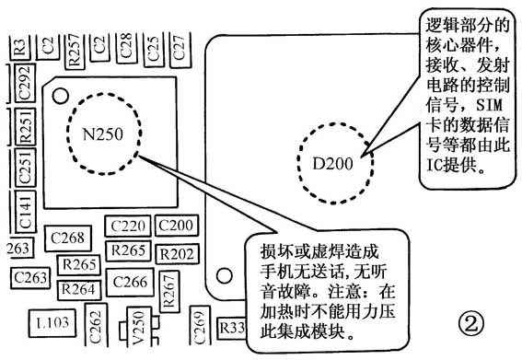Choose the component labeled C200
click(x=175, y=226)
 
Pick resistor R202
click(x=176, y=253)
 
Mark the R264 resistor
click(x=78, y=288)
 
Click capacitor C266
click(x=128, y=282)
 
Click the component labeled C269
click(x=200, y=324)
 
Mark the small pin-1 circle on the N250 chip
click(x=60, y=93)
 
